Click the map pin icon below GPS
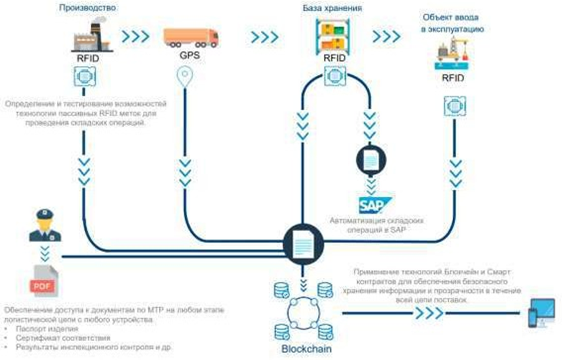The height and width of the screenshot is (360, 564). pos(186,77)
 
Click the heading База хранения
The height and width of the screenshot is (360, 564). pos(332,9)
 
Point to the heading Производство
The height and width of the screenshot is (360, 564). pos(88,9)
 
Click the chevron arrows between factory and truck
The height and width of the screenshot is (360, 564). pos(135,37)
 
